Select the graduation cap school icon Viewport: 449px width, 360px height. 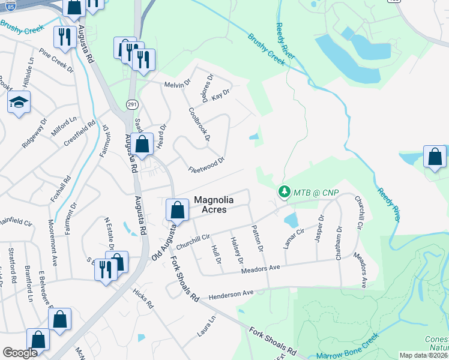pyautogui.click(x=19, y=104)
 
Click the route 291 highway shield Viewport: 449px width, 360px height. pyautogui.click(x=132, y=104)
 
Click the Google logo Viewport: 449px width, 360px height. pyautogui.click(x=20, y=353)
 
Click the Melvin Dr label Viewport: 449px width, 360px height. pyautogui.click(x=177, y=85)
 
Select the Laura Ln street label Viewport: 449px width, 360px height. pyautogui.click(x=205, y=326)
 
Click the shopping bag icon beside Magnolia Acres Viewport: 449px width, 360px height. pyautogui.click(x=177, y=210)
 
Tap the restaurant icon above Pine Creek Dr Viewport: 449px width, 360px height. pyautogui.click(x=63, y=37)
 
